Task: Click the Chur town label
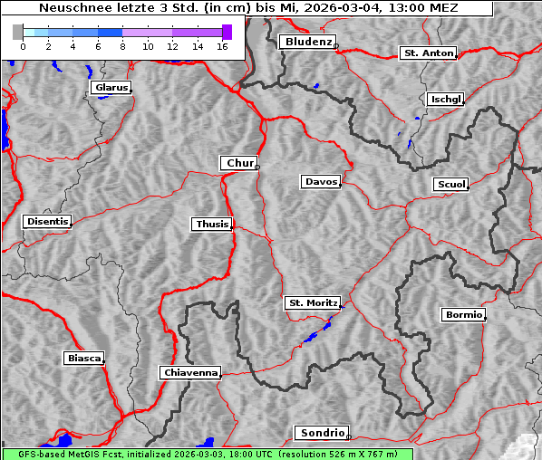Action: click(239, 163)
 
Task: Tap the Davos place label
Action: click(321, 182)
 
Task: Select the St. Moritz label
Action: click(312, 303)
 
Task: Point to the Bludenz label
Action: click(306, 42)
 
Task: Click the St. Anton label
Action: click(427, 53)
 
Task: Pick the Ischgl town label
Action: click(445, 99)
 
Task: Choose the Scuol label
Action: click(450, 185)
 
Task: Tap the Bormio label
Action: click(463, 315)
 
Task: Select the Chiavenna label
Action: click(190, 372)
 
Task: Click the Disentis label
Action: click(46, 221)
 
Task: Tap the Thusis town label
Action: click(212, 224)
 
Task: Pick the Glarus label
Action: click(111, 88)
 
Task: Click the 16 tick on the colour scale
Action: click(222, 45)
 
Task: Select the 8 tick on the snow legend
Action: click(122, 45)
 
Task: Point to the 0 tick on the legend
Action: click(22, 45)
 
